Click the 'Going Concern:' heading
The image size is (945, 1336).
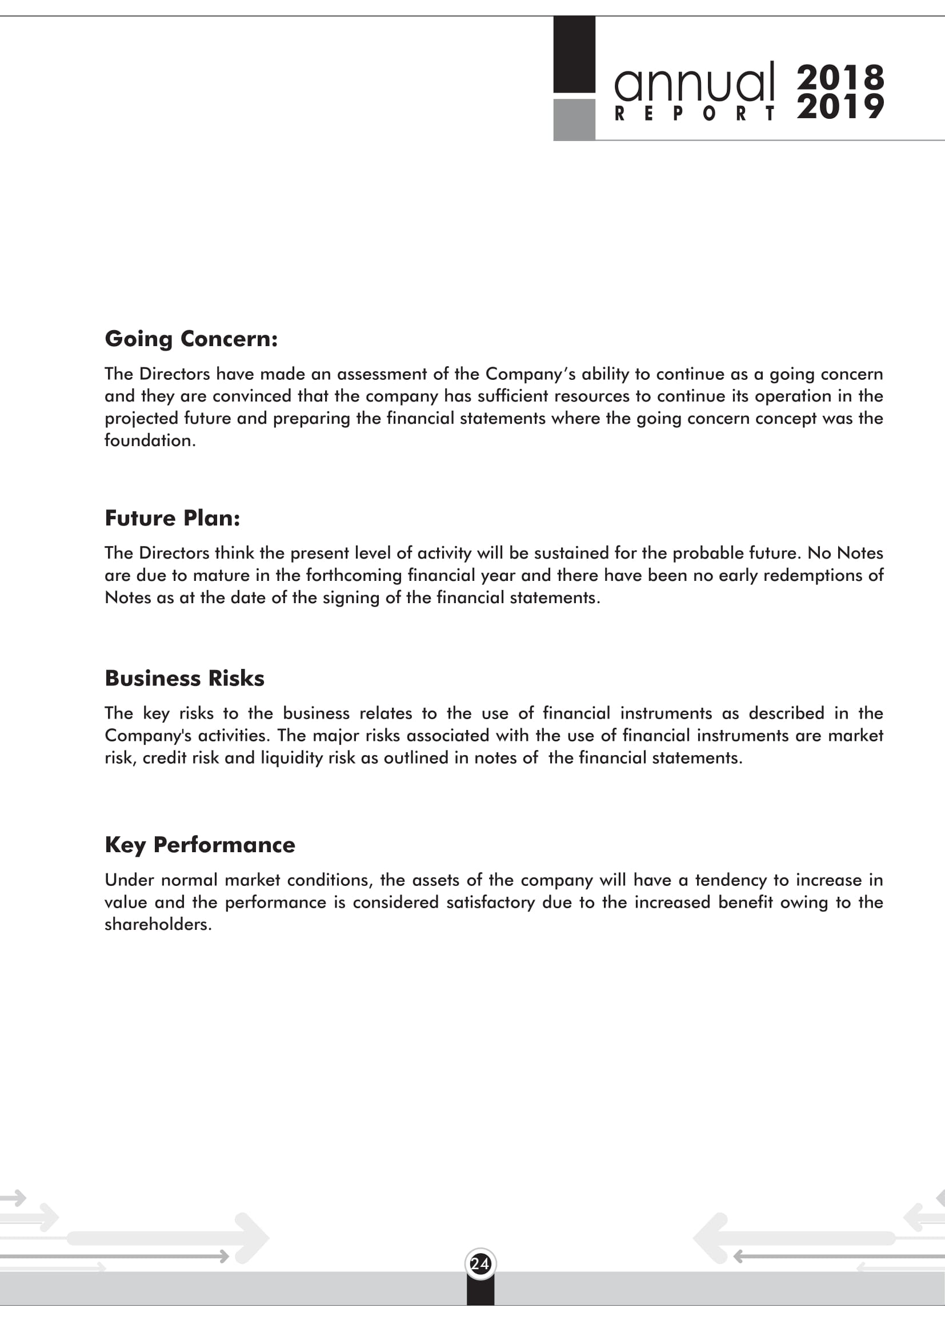[191, 339]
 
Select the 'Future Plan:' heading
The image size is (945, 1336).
[172, 519]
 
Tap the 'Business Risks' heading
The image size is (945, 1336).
[185, 679]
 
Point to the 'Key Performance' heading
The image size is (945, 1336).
[199, 845]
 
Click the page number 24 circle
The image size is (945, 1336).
[480, 1264]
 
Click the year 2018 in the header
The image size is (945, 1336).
[840, 77]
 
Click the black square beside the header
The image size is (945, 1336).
[574, 54]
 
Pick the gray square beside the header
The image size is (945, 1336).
[574, 119]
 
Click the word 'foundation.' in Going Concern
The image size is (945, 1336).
[150, 440]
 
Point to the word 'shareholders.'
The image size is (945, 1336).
[158, 925]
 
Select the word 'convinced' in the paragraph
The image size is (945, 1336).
[252, 396]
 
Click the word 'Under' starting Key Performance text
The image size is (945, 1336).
[129, 880]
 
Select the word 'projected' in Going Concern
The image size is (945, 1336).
[141, 419]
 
